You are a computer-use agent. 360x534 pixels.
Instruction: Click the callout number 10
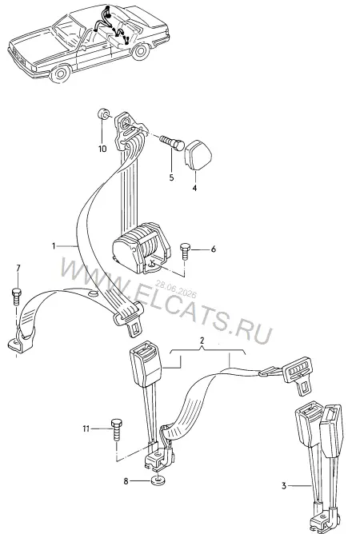pos(102,149)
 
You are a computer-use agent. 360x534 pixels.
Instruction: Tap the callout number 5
pos(171,177)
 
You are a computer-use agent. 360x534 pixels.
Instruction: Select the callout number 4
pos(194,188)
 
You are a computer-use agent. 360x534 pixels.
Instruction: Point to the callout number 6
pos(214,249)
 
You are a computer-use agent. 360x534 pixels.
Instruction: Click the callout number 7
pos(18,269)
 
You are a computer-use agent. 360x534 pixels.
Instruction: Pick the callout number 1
pos(54,245)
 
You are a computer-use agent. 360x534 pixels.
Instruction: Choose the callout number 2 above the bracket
pos(202,341)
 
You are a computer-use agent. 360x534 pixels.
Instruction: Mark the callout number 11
pos(86,428)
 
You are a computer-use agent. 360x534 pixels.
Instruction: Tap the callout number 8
pos(126,481)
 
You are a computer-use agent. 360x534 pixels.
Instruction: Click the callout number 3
pos(284,486)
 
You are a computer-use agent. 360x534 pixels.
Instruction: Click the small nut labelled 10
pos(103,115)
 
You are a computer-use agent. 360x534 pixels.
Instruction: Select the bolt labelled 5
pos(172,144)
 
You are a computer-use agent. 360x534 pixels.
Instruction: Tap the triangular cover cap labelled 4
pos(198,154)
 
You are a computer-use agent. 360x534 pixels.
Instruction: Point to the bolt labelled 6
pos(185,251)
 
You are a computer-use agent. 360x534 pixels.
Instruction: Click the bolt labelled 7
pos(17,297)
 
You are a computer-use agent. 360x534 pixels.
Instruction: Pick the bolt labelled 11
pos(117,430)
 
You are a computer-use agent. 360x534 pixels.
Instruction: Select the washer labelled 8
pos(157,481)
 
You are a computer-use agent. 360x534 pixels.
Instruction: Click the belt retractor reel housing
pos(141,246)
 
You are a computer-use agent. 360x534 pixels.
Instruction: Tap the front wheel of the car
pos(61,74)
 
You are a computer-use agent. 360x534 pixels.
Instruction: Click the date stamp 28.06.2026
pos(176,289)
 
